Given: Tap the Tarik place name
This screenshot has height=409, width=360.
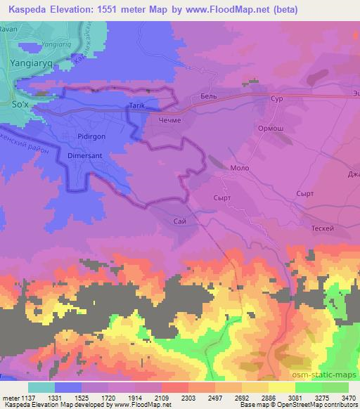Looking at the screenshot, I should (136, 106).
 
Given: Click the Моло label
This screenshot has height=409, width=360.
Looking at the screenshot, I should (240, 169).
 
